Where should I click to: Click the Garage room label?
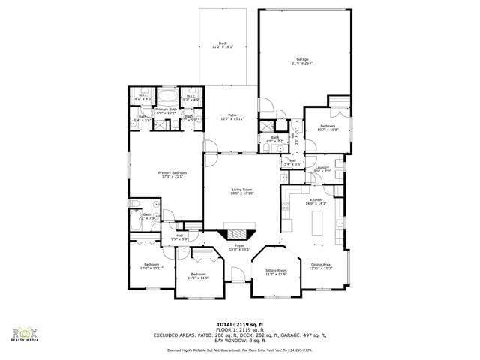(x=302, y=61)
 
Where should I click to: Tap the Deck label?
(x=222, y=45)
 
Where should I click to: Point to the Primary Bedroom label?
(x=172, y=175)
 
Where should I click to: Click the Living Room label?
(x=241, y=192)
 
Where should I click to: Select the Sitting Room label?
(x=277, y=272)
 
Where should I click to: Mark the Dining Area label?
(x=321, y=266)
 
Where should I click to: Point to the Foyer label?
(x=240, y=247)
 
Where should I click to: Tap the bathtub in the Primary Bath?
(x=169, y=97)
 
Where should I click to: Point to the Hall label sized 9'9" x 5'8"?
(x=180, y=237)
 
